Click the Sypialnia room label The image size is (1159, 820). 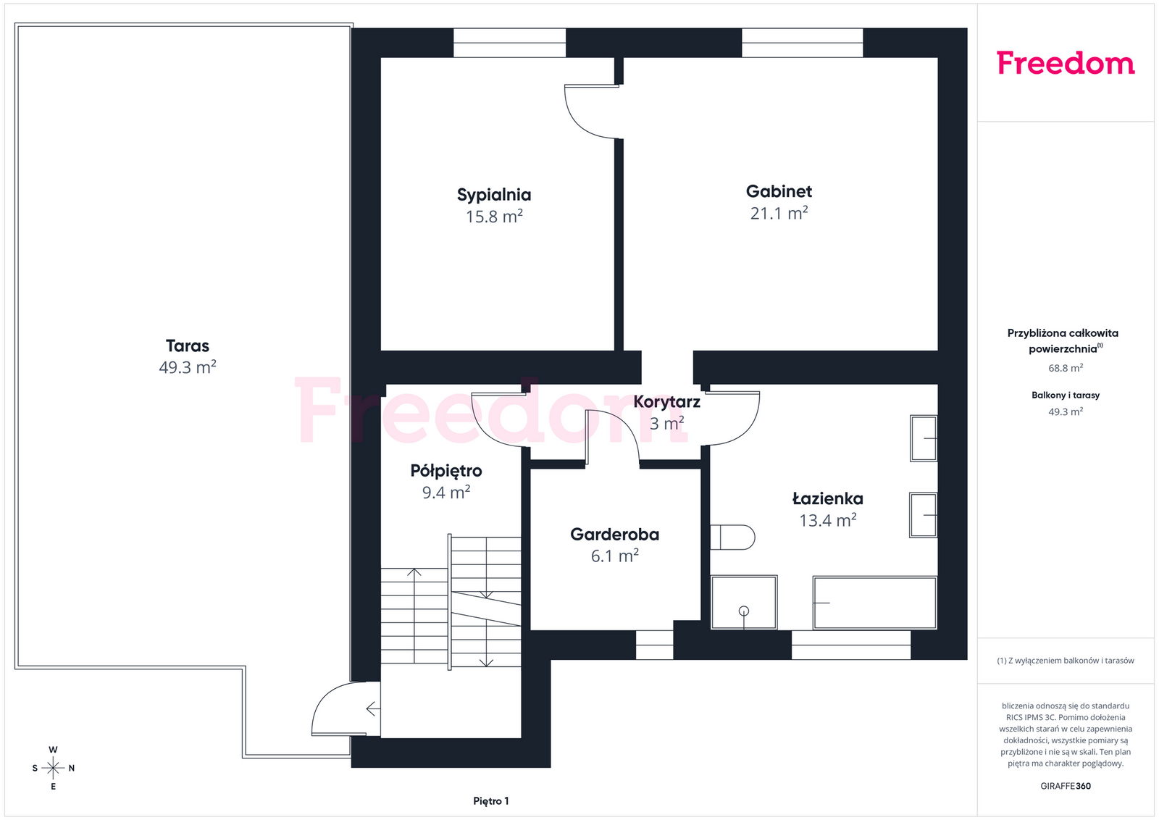click(493, 195)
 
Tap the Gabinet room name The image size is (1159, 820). click(779, 191)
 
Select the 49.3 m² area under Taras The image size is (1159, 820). click(188, 367)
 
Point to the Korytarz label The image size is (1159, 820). click(666, 402)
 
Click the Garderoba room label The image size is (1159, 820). click(615, 535)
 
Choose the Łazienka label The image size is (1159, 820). click(828, 498)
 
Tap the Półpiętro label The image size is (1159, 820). click(446, 471)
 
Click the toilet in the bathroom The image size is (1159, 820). click(732, 537)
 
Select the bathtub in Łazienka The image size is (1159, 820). click(874, 603)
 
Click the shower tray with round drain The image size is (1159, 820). click(743, 603)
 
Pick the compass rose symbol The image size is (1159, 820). click(53, 768)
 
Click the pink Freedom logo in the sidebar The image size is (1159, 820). click(1066, 63)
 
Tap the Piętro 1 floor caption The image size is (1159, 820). click(491, 801)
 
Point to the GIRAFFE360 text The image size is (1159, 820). click(1066, 786)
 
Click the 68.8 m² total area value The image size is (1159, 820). click(1066, 368)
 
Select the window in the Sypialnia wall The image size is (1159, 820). click(510, 43)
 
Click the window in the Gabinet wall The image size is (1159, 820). click(803, 43)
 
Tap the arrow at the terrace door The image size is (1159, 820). click(373, 708)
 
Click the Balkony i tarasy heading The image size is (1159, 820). click(1066, 396)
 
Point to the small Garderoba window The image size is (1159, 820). click(655, 645)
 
